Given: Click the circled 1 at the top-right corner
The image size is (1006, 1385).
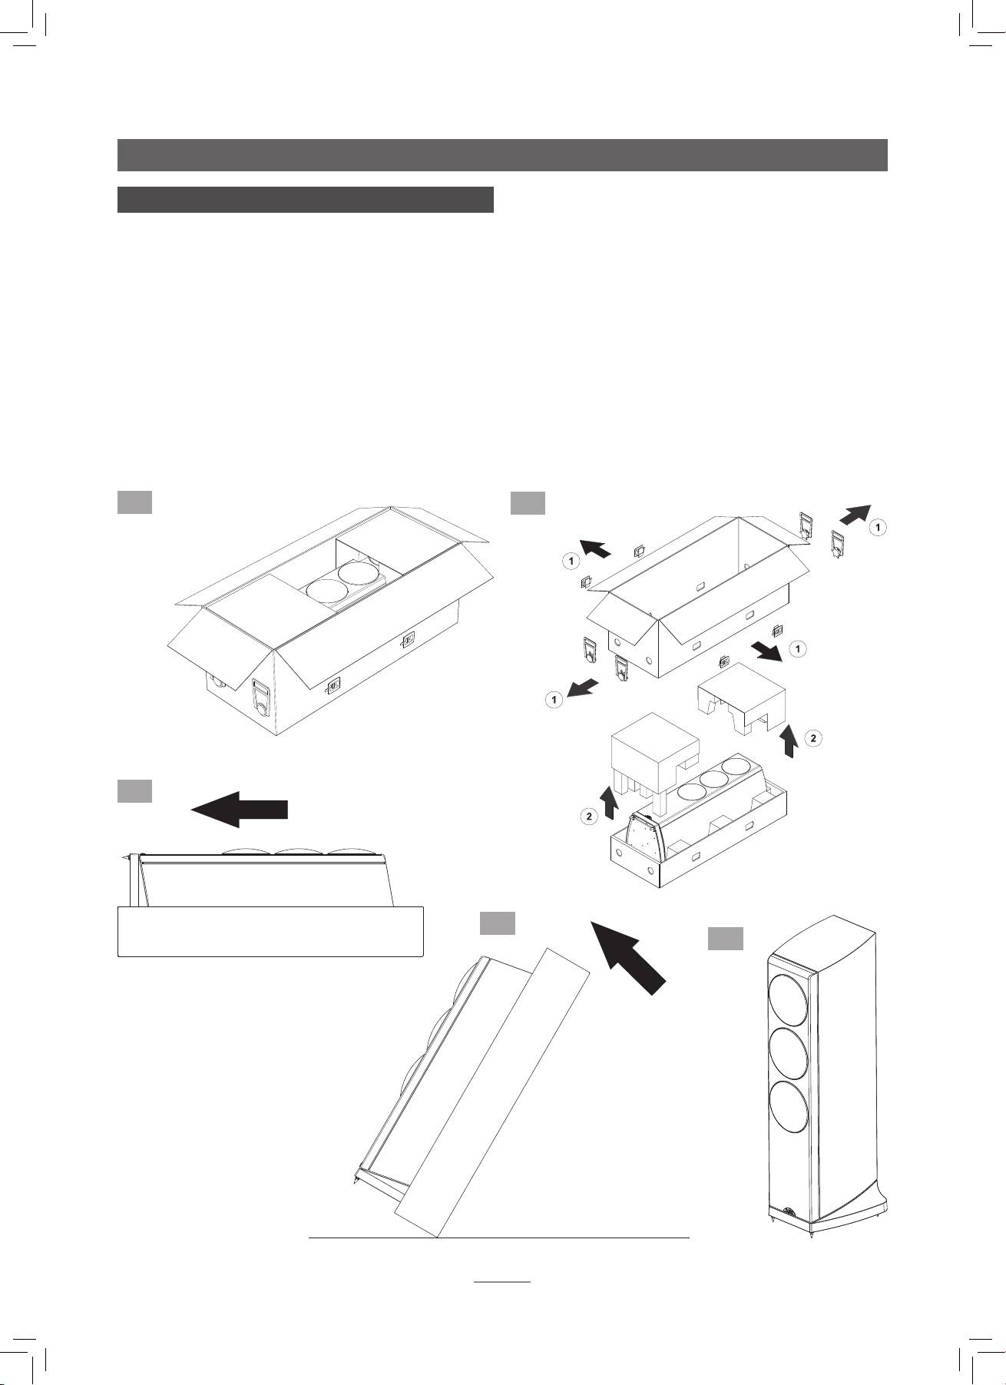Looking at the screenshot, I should (x=879, y=528).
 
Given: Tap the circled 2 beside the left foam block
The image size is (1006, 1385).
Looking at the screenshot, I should (x=588, y=816).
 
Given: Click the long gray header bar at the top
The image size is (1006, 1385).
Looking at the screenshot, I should (x=502, y=154).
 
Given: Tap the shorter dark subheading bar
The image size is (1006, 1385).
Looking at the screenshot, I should (x=305, y=199).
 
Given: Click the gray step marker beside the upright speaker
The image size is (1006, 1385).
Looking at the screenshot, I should (x=725, y=938).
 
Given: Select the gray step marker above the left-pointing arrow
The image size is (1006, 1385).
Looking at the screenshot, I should (x=134, y=790).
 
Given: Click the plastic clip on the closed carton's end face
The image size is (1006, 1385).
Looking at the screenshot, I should (x=261, y=696).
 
